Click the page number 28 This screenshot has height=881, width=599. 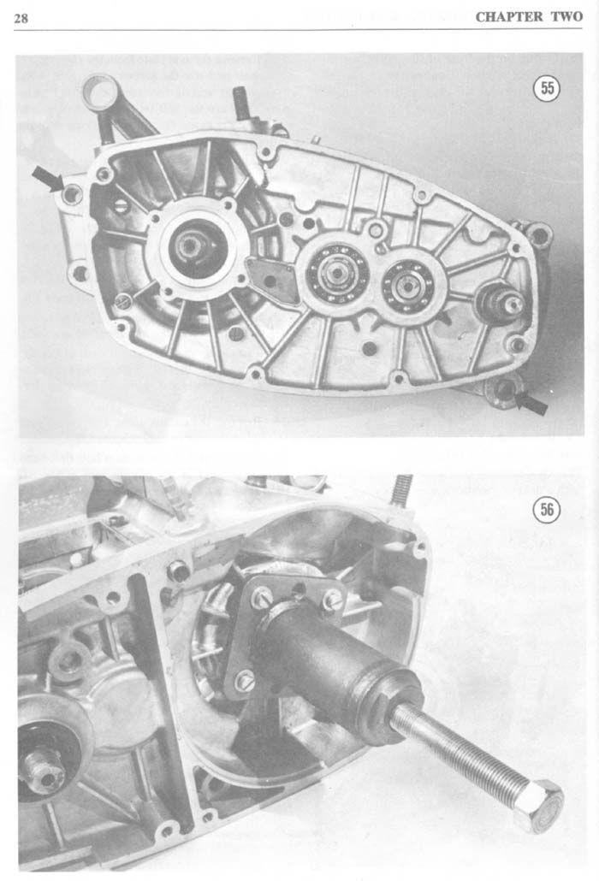(21, 18)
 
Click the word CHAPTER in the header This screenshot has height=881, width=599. (510, 17)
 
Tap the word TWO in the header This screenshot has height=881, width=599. (567, 17)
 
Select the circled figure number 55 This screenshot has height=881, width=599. (547, 87)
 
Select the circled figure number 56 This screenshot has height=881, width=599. (547, 509)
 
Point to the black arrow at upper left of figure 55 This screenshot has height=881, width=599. (47, 178)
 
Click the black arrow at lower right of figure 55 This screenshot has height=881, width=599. (531, 402)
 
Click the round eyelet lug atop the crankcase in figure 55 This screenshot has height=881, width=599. (99, 90)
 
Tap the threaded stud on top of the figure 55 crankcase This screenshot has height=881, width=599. (241, 103)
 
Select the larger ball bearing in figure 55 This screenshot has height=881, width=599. (336, 273)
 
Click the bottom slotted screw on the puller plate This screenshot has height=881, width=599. (246, 682)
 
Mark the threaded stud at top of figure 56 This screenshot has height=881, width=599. (402, 490)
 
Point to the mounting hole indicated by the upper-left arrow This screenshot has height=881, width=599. (72, 194)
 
